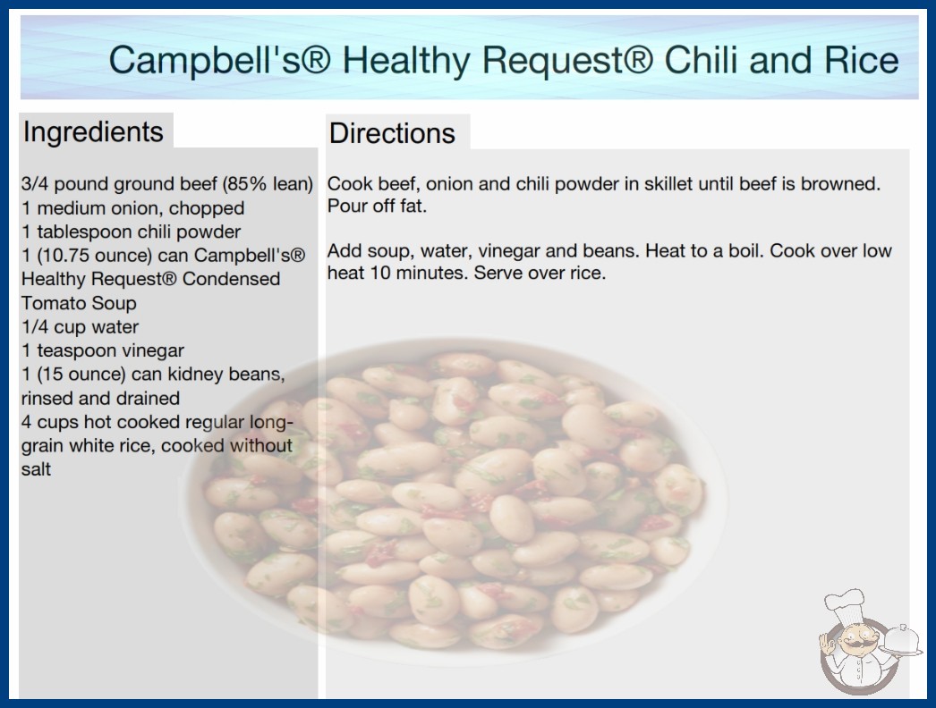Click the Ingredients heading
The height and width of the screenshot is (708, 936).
[x=93, y=132]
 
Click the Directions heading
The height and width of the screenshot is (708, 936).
[x=392, y=133]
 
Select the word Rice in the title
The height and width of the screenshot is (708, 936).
[x=862, y=60]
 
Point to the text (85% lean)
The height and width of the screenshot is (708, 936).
[x=268, y=184]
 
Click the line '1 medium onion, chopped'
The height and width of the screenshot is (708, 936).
[x=133, y=208]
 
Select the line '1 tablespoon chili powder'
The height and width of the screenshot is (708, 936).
[x=132, y=232]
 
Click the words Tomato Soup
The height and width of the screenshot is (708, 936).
[x=79, y=303]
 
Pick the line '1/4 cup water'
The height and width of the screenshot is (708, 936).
[x=80, y=327]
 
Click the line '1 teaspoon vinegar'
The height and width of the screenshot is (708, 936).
[x=103, y=350]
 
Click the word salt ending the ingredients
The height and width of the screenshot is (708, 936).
[x=36, y=469]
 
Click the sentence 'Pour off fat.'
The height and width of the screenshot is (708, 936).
[x=377, y=206]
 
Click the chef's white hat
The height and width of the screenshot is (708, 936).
[x=846, y=605]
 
